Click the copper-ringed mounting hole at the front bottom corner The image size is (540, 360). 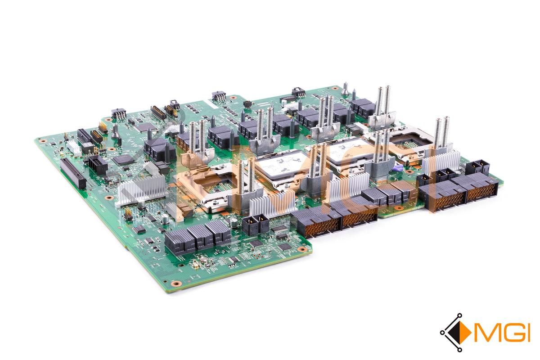[176, 283]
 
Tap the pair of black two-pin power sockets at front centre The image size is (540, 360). [255, 224]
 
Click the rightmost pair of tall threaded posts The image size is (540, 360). [441, 133]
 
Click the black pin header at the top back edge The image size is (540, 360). [219, 96]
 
